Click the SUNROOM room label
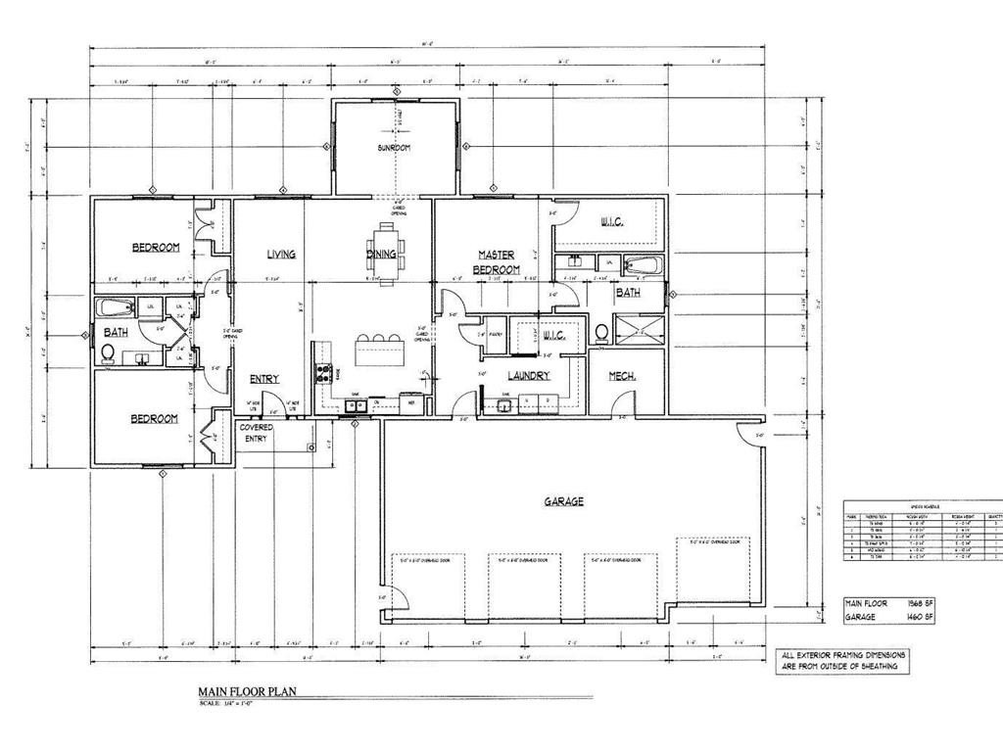coord(395,148)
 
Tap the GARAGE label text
coord(564,501)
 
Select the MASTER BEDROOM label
coord(497,261)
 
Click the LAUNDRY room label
coord(529,376)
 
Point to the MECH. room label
coord(623,375)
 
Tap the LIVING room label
coord(281,255)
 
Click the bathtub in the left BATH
coord(117,307)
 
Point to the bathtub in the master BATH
coord(644,265)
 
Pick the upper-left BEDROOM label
coord(156,248)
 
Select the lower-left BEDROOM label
coord(155,419)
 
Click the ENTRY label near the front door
coord(263,379)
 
